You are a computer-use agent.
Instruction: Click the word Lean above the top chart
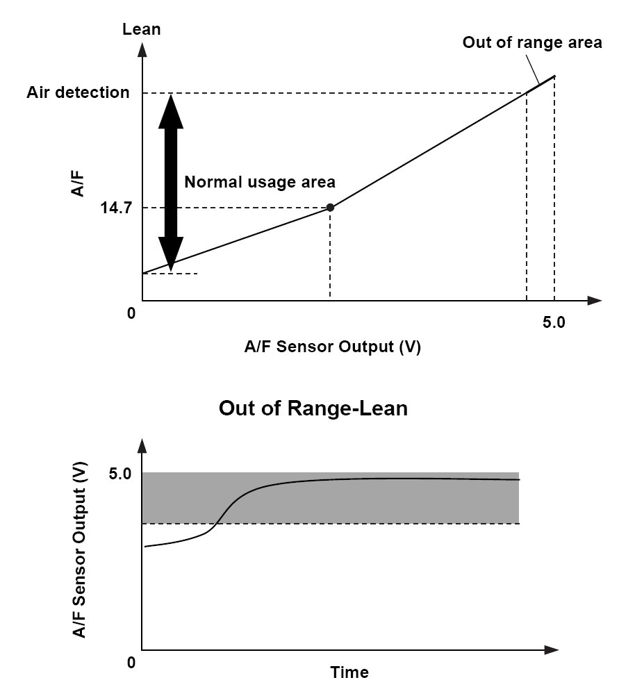point(141,29)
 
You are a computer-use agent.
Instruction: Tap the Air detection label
point(78,92)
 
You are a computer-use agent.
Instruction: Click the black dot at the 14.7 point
point(330,207)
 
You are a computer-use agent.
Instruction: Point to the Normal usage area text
point(260,182)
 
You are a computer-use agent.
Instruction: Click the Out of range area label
point(532,42)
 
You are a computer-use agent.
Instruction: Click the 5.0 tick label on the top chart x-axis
point(553,322)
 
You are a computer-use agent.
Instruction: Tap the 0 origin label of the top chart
point(131,314)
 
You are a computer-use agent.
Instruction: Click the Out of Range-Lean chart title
point(313,408)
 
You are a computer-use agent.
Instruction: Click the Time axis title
point(349,672)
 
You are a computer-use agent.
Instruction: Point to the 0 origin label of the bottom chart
point(131,663)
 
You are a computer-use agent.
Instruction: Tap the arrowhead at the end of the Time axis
point(552,651)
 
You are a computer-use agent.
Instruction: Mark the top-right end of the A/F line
point(554,76)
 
